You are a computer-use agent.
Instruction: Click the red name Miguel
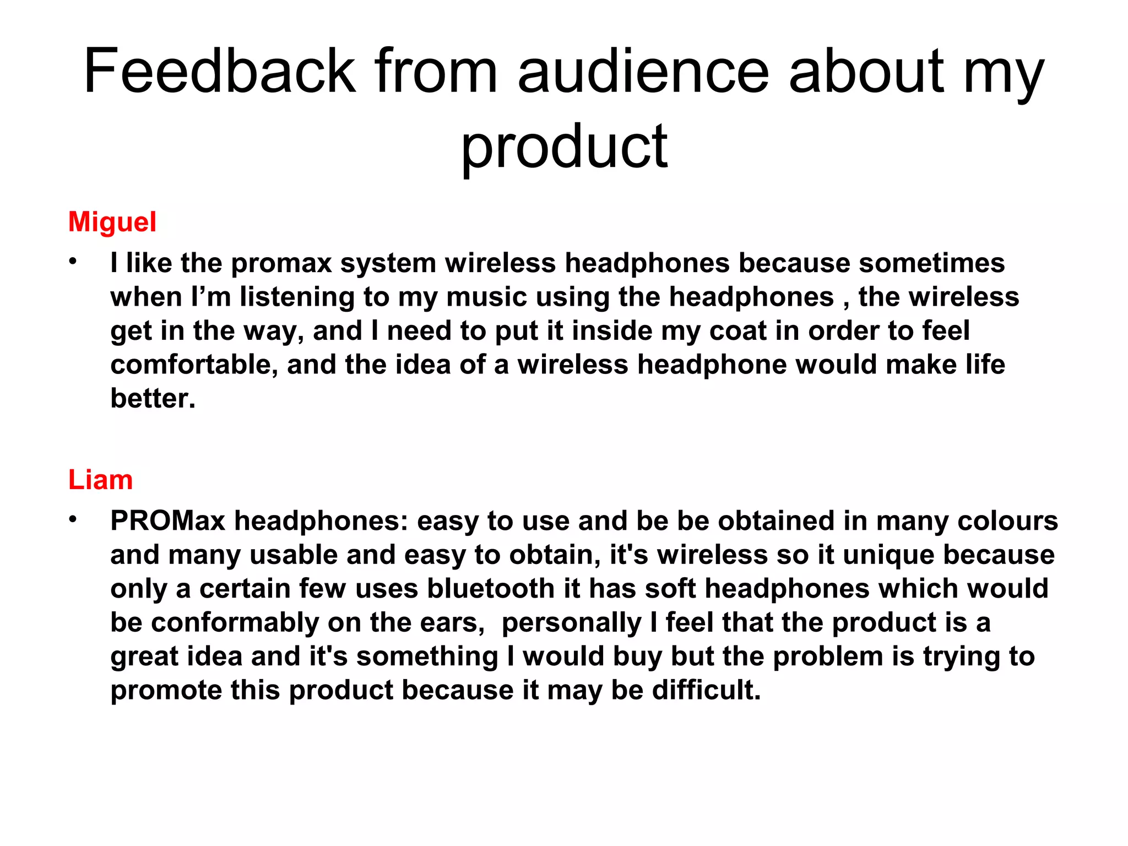(112, 222)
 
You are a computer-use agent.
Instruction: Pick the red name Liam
(100, 480)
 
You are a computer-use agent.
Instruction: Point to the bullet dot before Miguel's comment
(73, 262)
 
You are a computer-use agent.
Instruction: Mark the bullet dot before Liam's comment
(73, 520)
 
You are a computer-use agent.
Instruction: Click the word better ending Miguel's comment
(153, 398)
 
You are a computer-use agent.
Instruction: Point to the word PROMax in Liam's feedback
(167, 521)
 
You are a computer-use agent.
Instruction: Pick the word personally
(571, 623)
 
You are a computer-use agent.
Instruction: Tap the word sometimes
(931, 263)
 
